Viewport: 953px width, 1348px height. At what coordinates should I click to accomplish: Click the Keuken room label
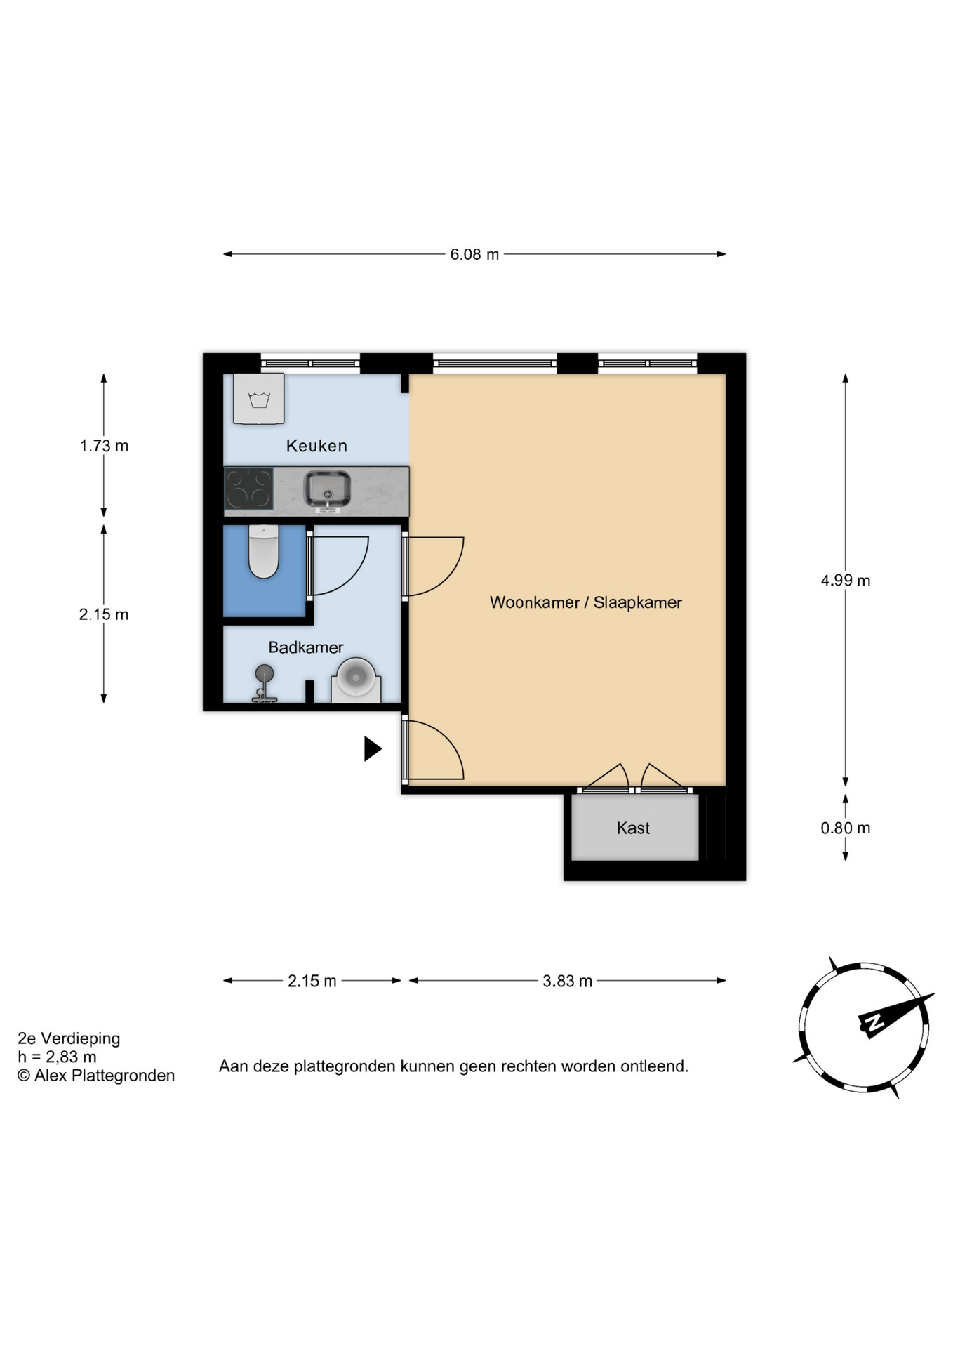[x=316, y=446]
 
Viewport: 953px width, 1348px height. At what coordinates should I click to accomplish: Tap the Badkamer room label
[x=306, y=647]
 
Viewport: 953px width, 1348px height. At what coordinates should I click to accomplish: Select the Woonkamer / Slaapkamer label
[x=586, y=602]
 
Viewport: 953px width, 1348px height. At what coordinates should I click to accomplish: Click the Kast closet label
[x=633, y=828]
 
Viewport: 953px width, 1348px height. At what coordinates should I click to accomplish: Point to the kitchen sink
[x=327, y=489]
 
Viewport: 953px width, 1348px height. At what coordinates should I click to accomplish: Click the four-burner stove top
[x=249, y=489]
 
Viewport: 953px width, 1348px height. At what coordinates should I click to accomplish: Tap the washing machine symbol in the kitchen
[x=259, y=399]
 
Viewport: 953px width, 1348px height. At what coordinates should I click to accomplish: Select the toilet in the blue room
[x=264, y=552]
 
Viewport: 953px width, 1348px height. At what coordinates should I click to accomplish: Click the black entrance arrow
[x=373, y=749]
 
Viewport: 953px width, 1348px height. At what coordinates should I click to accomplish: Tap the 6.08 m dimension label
[x=474, y=254]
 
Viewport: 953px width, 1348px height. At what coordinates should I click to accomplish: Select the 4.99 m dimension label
[x=846, y=581]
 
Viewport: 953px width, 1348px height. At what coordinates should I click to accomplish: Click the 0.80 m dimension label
[x=846, y=828]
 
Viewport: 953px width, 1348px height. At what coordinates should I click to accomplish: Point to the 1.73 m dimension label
[x=104, y=446]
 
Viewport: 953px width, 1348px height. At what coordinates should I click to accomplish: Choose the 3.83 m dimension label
[x=567, y=981]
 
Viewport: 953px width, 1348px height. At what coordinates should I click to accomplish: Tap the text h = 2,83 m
[x=57, y=1057]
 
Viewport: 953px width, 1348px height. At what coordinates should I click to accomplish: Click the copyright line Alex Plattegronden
[x=96, y=1076]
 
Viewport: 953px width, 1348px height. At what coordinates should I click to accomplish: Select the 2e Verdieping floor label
[x=69, y=1038]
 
